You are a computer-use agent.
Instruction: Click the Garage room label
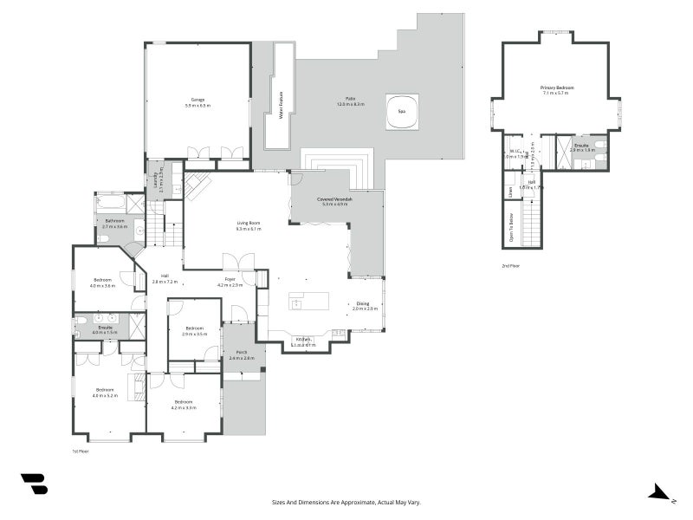[x=198, y=100]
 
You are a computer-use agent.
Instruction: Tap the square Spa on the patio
[x=402, y=112]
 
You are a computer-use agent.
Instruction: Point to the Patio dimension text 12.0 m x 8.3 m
[x=351, y=104]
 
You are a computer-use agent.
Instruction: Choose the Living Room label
[x=249, y=224]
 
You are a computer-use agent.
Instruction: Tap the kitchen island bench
[x=309, y=302]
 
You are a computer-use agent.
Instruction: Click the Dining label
[x=362, y=303]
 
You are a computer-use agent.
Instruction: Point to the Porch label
[x=241, y=352]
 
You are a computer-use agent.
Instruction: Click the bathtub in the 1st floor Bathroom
[x=111, y=204]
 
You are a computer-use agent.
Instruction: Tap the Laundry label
[x=156, y=179]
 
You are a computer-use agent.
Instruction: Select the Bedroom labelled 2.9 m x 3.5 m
[x=194, y=328]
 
